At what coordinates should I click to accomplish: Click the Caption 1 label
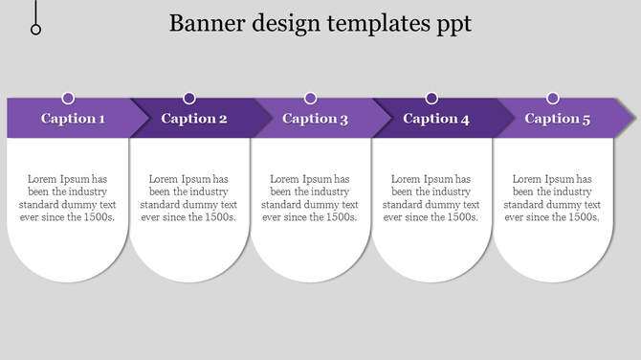73,119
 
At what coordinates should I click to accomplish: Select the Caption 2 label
194,119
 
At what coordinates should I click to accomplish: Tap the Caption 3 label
316,119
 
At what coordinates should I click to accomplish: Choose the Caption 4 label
436,119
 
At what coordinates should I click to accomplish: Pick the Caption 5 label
558,119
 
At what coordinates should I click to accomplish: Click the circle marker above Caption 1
68,98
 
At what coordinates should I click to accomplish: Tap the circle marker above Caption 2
189,98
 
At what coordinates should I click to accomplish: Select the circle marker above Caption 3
311,98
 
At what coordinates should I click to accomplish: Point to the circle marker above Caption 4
431,98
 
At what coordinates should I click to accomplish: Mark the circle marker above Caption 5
553,98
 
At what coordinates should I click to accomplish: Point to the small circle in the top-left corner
36,30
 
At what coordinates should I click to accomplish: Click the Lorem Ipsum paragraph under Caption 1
67,198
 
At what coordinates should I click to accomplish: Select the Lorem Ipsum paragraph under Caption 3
310,198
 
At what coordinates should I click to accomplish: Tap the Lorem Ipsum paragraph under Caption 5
552,198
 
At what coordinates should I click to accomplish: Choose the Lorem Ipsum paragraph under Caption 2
188,198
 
